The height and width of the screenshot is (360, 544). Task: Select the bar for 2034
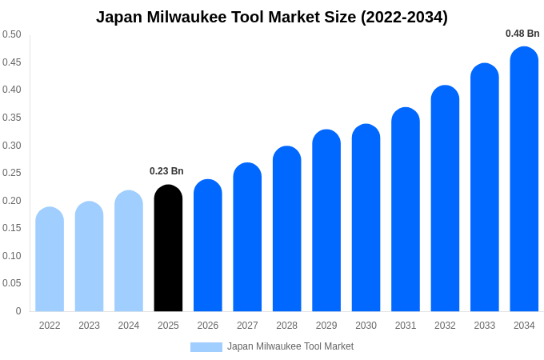(524, 179)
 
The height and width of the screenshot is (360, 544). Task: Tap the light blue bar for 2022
(50, 259)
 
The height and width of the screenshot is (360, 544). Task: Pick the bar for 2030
(366, 218)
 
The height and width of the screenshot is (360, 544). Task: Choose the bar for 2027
(247, 237)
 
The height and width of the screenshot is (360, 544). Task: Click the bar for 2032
(445, 198)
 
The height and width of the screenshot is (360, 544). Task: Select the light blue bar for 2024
(129, 251)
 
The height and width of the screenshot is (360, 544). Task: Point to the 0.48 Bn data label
(522, 34)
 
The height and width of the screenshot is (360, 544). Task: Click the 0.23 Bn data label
(166, 171)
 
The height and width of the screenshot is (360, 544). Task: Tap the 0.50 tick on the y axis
(12, 34)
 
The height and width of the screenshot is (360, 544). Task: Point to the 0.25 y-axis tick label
(12, 173)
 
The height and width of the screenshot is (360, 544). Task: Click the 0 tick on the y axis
(18, 311)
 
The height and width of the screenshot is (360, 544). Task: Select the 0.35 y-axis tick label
(12, 118)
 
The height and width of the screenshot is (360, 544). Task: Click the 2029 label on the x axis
(326, 326)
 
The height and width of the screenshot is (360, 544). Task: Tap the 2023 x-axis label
(89, 326)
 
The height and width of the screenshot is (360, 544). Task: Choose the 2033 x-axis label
(484, 326)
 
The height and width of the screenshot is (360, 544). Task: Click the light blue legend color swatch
(206, 347)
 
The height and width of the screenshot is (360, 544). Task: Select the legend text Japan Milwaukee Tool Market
(290, 346)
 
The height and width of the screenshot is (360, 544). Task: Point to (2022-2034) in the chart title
(404, 17)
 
